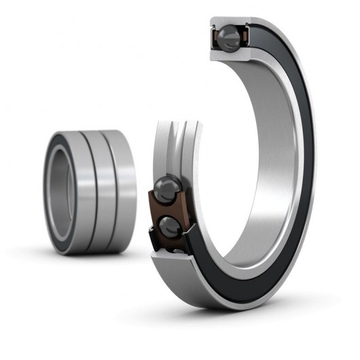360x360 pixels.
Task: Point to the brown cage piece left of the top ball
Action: (215, 37)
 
